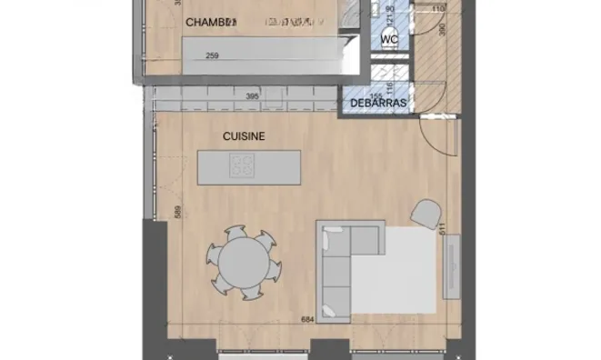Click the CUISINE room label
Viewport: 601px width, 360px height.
point(244,136)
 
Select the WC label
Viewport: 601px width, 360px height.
point(389,40)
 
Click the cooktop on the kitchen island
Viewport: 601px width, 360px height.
point(243,165)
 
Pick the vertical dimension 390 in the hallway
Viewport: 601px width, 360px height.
point(441,29)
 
